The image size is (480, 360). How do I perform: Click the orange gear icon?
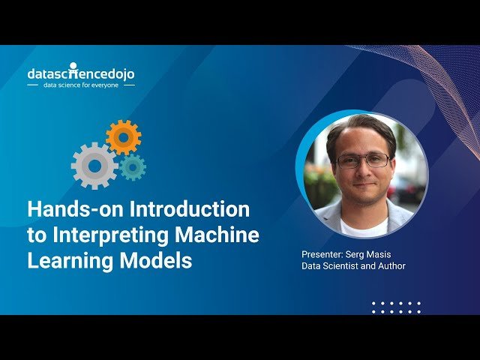click(x=124, y=137)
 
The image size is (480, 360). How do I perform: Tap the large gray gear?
click(x=94, y=165)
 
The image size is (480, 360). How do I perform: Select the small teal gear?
click(x=133, y=166)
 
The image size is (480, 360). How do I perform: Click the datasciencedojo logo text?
click(x=81, y=73)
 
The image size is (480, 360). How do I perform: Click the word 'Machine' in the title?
click(x=217, y=235)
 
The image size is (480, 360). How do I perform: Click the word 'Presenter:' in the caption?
click(x=323, y=254)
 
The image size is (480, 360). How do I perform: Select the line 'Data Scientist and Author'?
click(x=353, y=266)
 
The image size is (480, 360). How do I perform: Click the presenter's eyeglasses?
click(x=363, y=160)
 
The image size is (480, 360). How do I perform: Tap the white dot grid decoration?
click(x=397, y=307)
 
